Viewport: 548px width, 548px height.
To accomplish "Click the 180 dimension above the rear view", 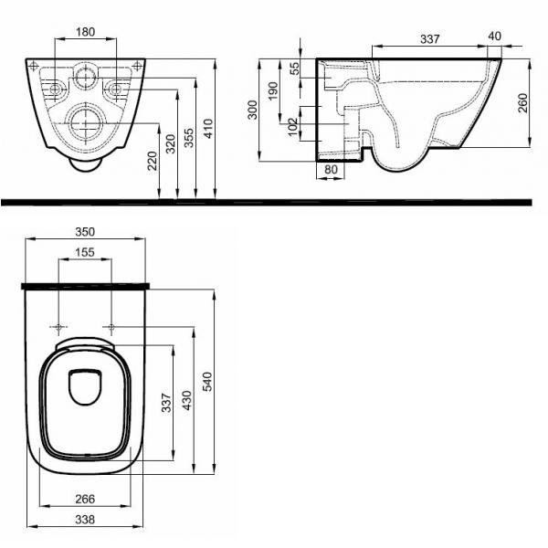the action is pos(85,32).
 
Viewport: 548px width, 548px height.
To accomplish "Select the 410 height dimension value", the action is pos(208,129).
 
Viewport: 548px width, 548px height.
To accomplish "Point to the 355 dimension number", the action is pos(189,138).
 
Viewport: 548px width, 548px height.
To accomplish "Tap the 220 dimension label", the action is pos(152,161).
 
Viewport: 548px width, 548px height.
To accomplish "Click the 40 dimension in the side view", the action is pos(494,36).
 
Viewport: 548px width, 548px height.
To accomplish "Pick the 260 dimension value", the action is pos(522,102).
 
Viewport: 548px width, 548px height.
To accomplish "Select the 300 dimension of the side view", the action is pos(252,110).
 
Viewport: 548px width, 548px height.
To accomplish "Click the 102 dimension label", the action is pos(293,126).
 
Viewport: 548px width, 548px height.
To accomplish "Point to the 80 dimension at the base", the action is pos(331,170).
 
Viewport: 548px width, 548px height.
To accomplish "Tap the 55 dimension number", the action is pos(295,68).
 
